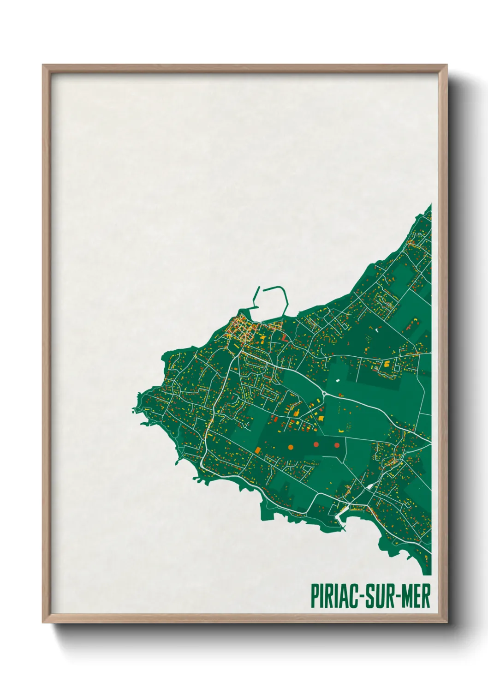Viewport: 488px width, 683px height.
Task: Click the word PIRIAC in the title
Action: pos(333,596)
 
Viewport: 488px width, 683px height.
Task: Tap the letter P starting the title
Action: pos(315,596)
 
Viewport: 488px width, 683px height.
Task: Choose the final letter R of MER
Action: pos(426,596)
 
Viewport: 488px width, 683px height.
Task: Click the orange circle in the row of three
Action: pos(291,447)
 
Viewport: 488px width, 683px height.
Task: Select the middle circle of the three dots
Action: pos(316,444)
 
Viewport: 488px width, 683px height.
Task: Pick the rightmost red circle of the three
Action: pos(337,445)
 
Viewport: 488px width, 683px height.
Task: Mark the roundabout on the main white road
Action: pos(325,394)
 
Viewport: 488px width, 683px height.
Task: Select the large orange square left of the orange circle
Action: pos(258,449)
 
